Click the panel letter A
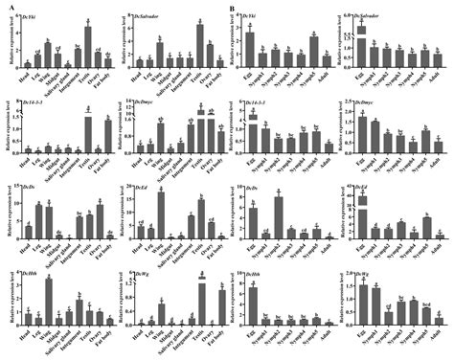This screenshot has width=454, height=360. [x=7, y=7]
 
